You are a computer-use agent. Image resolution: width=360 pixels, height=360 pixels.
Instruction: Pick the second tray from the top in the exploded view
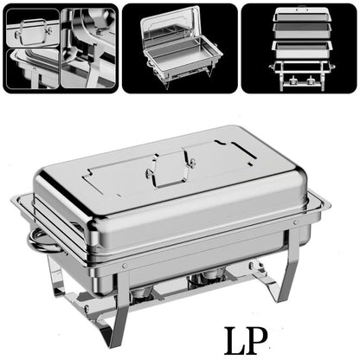point(299,31)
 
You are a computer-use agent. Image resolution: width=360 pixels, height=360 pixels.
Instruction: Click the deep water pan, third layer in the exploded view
point(299,48)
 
